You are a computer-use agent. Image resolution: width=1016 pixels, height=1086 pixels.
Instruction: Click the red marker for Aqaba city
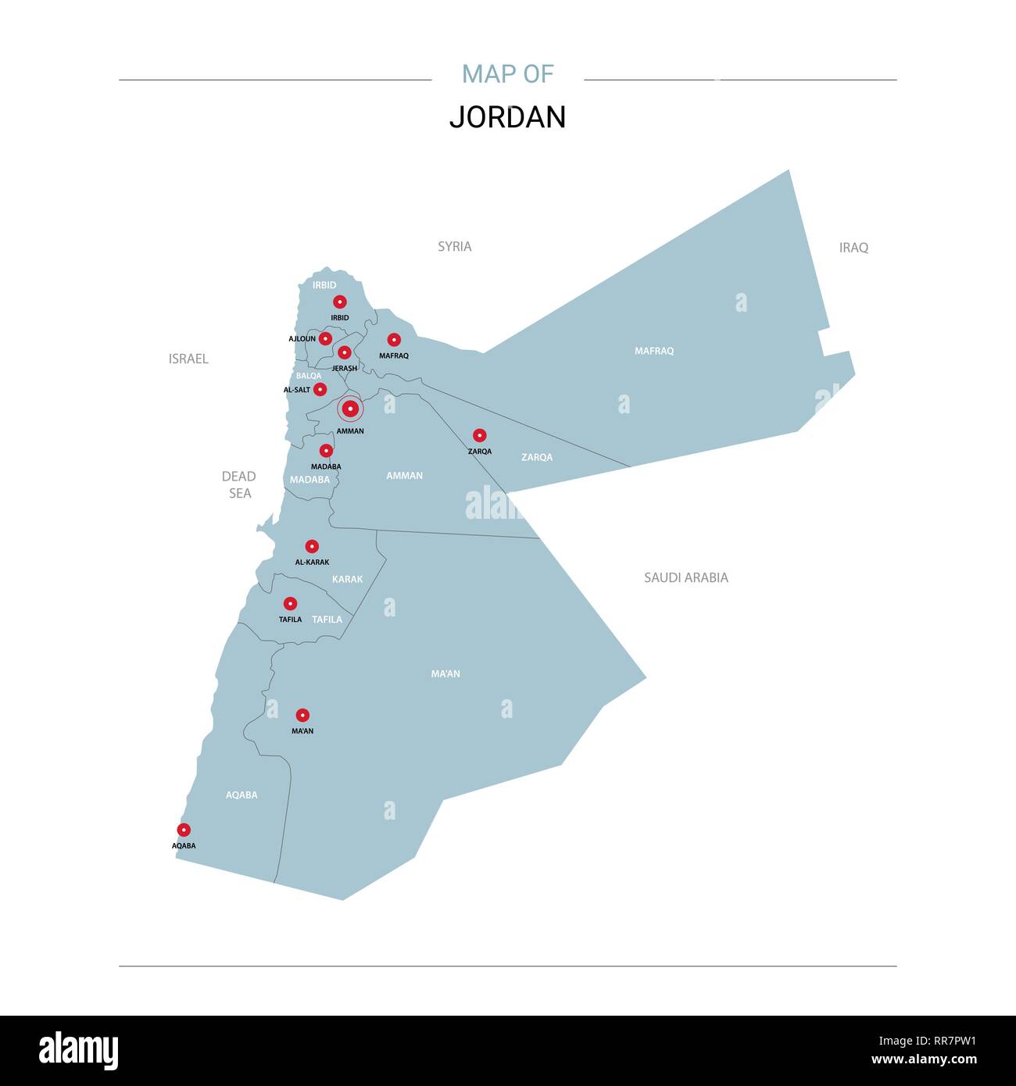point(184,830)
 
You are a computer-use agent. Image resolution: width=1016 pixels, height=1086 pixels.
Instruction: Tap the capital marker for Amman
point(350,409)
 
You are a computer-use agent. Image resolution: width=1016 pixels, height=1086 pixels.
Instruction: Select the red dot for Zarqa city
point(480,435)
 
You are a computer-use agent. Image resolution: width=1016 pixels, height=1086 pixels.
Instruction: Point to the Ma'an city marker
point(302,715)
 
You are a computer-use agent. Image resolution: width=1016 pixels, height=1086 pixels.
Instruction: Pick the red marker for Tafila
point(290,603)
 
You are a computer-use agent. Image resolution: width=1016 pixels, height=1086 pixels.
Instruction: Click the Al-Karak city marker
point(312,546)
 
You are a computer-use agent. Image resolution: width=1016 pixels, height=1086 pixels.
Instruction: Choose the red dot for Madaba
point(326,451)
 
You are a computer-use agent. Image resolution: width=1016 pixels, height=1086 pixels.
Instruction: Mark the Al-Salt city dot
point(320,389)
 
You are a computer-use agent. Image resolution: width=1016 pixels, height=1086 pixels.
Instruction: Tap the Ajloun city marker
point(325,338)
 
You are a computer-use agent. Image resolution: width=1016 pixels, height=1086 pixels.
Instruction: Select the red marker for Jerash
point(344,352)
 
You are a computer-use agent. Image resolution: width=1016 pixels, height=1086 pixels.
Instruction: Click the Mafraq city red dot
point(394,340)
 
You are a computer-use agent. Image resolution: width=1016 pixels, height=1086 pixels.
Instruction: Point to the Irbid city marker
point(339,302)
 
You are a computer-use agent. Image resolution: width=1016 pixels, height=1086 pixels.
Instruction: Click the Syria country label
point(454,246)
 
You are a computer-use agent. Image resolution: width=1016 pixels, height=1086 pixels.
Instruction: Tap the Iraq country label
point(853,248)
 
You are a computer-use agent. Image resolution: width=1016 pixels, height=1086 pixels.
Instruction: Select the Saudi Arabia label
point(685,577)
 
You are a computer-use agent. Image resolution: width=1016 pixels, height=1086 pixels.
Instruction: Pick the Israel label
point(188,359)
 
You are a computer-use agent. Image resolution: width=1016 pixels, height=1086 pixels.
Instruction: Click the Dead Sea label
point(239,484)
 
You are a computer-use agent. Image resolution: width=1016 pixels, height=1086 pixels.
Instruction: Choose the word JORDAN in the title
point(507,117)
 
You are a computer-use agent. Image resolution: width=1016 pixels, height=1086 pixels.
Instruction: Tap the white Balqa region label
point(309,376)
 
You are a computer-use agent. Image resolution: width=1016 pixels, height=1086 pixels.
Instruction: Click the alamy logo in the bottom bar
point(79,1050)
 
